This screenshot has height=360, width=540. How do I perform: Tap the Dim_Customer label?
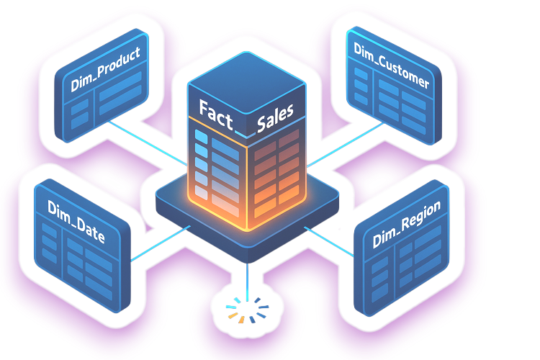pyautogui.click(x=392, y=68)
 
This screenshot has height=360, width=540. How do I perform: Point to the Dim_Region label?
pyautogui.click(x=407, y=228)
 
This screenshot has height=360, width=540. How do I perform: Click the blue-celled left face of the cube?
pyautogui.click(x=216, y=166)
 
